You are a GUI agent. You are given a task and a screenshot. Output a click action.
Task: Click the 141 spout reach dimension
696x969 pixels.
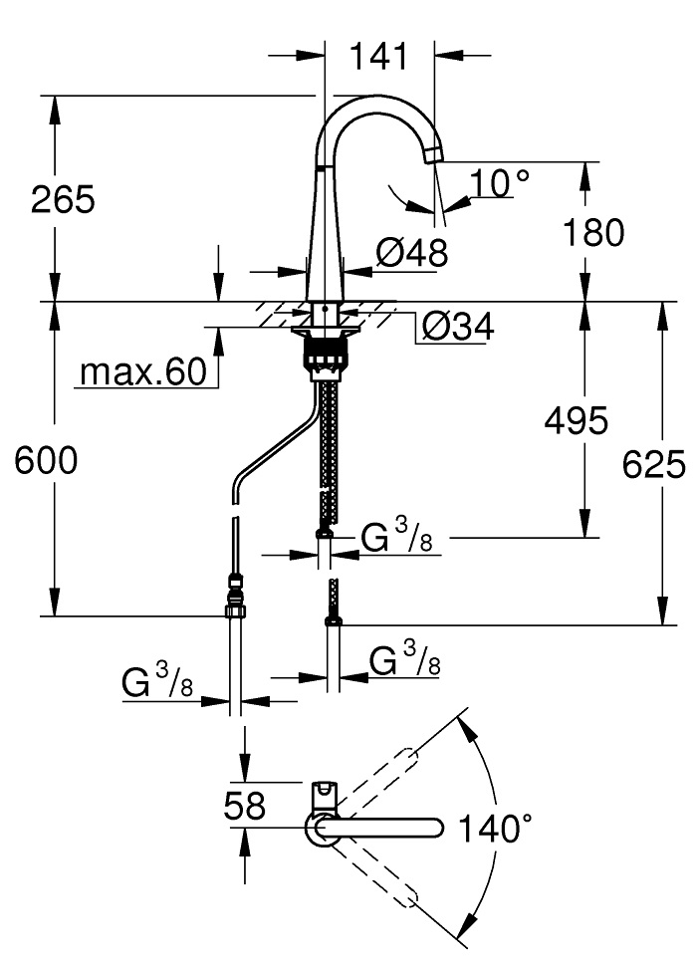(x=378, y=57)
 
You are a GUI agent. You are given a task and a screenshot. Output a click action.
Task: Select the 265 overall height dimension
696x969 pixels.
(x=62, y=200)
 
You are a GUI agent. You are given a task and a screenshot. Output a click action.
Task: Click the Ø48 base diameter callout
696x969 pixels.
(x=411, y=254)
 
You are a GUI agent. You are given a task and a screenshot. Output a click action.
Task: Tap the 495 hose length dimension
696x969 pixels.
(x=575, y=421)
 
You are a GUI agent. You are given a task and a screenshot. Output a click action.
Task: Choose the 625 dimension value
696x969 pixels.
(x=654, y=463)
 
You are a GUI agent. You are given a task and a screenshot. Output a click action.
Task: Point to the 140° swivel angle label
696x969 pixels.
(x=494, y=827)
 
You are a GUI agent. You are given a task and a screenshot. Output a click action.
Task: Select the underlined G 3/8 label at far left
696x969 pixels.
(x=158, y=683)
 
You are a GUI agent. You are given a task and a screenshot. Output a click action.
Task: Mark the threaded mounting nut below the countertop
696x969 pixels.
(x=326, y=355)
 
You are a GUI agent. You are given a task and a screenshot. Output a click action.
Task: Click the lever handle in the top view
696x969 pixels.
(x=325, y=794)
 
